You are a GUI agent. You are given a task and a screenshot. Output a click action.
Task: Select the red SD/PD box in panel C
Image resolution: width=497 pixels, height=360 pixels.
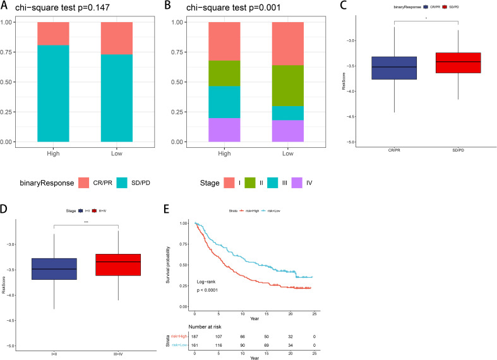pos(454,63)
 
